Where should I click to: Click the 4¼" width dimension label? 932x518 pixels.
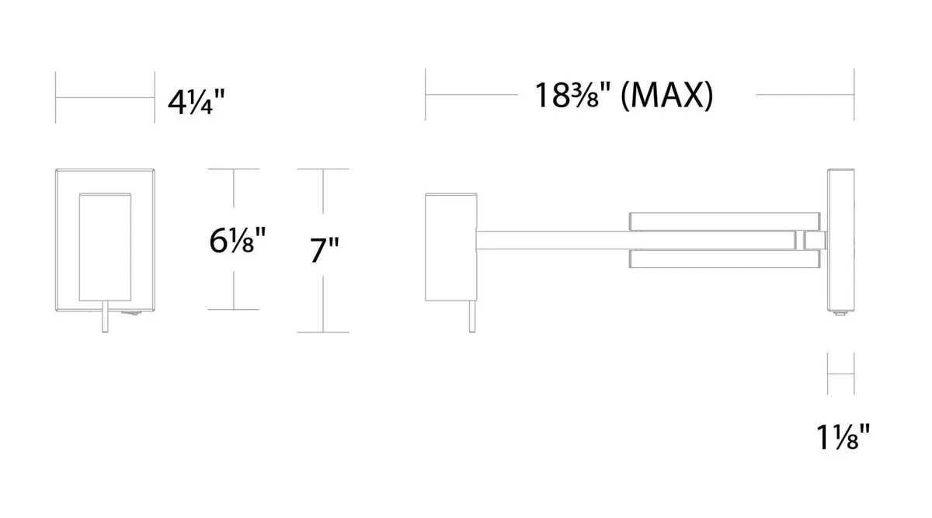(x=196, y=103)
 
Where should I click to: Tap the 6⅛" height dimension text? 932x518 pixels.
(x=237, y=241)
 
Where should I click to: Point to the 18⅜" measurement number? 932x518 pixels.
(x=572, y=96)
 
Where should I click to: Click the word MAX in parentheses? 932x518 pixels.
(x=666, y=96)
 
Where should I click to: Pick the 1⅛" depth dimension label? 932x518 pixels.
(x=843, y=437)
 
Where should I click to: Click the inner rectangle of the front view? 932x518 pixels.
(x=105, y=247)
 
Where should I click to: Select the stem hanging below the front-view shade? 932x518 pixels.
(x=106, y=316)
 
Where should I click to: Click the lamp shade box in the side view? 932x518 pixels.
(x=451, y=247)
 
